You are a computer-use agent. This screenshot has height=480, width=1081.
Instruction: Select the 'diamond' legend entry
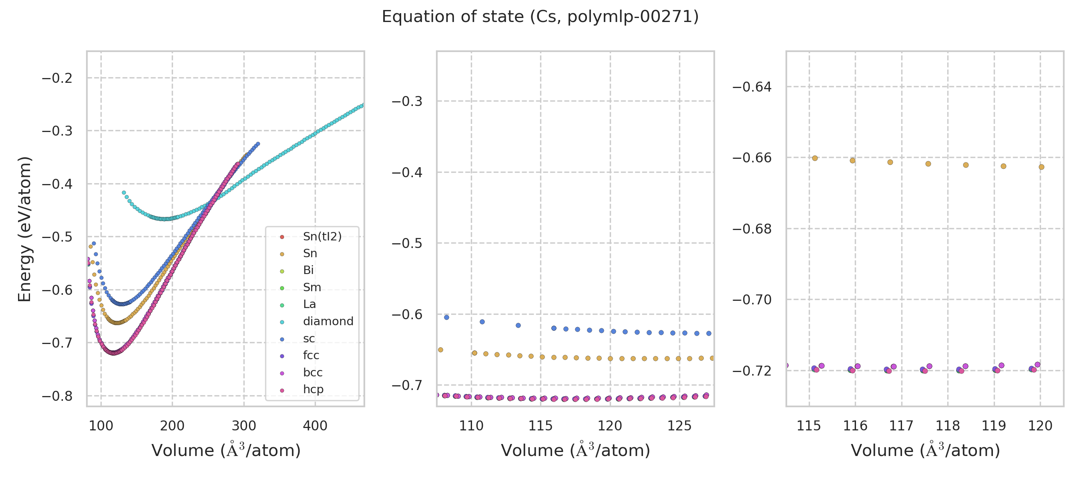pyautogui.click(x=328, y=321)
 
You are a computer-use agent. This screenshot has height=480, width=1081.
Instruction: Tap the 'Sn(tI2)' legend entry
pyautogui.click(x=322, y=236)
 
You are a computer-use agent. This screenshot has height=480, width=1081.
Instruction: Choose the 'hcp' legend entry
pyautogui.click(x=313, y=389)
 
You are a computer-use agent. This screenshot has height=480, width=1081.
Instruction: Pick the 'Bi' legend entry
pyautogui.click(x=308, y=270)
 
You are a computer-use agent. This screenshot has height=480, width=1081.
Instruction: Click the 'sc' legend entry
pyautogui.click(x=308, y=338)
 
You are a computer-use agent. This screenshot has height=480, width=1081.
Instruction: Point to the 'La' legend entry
pyautogui.click(x=309, y=304)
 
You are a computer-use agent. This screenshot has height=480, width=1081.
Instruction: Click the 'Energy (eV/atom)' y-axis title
pyautogui.click(x=24, y=229)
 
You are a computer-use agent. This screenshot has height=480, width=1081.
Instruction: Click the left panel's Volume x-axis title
pyautogui.click(x=226, y=450)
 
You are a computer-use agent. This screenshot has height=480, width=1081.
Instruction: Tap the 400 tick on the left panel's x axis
pyautogui.click(x=315, y=426)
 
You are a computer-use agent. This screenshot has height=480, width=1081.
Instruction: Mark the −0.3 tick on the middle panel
pyautogui.click(x=407, y=102)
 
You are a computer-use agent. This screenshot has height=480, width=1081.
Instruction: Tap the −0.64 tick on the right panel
pyautogui.click(x=752, y=87)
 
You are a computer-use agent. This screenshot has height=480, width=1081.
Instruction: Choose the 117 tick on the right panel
pyautogui.click(x=901, y=426)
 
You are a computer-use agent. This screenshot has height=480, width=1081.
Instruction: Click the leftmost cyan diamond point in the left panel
pyautogui.click(x=124, y=193)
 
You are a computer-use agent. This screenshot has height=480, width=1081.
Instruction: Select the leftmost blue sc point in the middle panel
pyautogui.click(x=446, y=317)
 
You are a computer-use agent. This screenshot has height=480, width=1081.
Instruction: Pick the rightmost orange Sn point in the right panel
pyautogui.click(x=1041, y=167)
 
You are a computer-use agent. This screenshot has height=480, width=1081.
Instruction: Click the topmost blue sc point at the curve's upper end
pyautogui.click(x=258, y=144)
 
